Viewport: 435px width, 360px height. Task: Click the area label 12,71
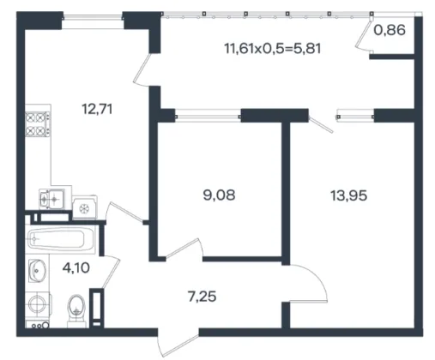(x=97, y=109)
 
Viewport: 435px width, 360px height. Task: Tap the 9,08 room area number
(x=219, y=195)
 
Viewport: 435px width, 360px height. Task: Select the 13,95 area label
(x=348, y=196)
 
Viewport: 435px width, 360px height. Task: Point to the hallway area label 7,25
(x=202, y=297)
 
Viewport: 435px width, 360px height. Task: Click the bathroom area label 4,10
(x=76, y=268)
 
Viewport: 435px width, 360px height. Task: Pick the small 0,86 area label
(x=390, y=30)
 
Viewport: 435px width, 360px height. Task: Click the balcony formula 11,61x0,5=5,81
(x=273, y=48)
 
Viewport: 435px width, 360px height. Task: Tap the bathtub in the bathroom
(x=61, y=239)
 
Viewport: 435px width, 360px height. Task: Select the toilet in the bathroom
(x=76, y=310)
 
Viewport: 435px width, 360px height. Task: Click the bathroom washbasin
(x=37, y=270)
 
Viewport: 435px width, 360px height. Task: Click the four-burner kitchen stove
(x=38, y=124)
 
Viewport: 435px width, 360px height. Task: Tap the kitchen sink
(x=51, y=199)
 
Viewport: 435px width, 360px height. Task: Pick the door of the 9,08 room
(x=184, y=249)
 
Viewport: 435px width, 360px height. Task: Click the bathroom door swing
(x=111, y=271)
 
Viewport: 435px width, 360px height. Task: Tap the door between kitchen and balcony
(x=142, y=70)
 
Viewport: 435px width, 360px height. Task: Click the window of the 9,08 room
(x=208, y=116)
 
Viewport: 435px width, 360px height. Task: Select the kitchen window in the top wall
(x=93, y=17)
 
